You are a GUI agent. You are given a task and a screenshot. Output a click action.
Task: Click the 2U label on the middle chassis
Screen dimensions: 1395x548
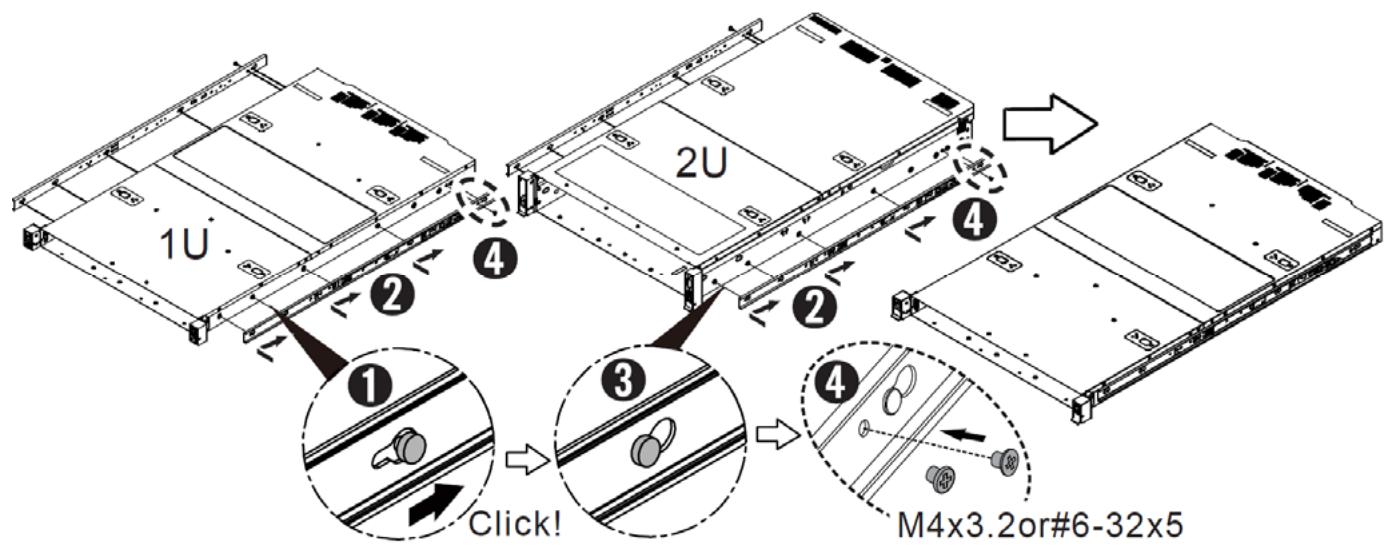tap(702, 163)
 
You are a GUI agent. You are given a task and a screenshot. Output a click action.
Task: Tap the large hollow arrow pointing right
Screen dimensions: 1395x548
tap(1050, 123)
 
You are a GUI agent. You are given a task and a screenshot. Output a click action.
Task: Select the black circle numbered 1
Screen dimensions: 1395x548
tap(371, 386)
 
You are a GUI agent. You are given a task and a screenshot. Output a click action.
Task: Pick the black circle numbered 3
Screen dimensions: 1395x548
tap(624, 381)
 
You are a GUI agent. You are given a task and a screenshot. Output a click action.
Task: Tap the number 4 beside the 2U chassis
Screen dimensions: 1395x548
tap(975, 219)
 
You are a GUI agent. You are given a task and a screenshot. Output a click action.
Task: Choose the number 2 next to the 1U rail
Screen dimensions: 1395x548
tap(392, 295)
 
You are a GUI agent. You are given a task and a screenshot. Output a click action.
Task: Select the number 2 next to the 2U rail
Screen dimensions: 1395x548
tap(814, 308)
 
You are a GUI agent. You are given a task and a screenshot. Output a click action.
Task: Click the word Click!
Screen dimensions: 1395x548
tap(514, 524)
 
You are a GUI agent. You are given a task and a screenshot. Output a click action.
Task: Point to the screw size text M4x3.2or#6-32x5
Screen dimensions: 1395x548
tap(1040, 525)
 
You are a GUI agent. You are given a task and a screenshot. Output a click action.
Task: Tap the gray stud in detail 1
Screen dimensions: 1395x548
tap(411, 447)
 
